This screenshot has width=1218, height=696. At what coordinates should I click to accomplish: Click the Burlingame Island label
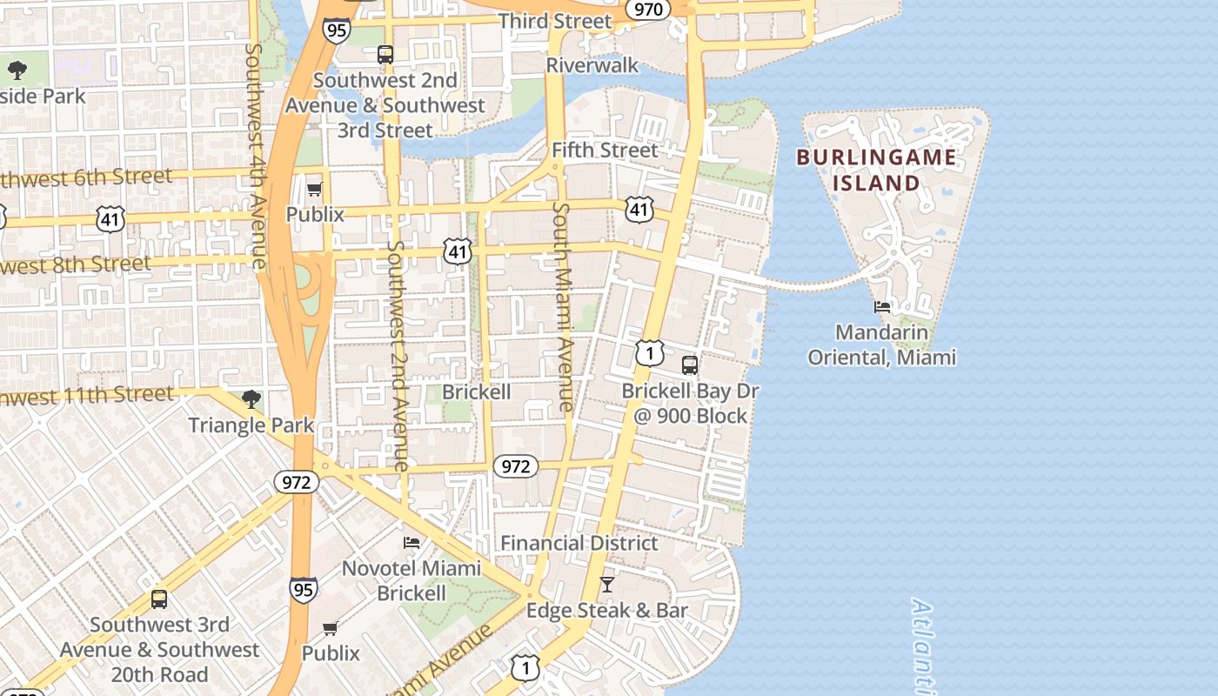coord(876,171)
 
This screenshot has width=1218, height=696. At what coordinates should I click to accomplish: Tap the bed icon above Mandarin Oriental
coord(882,306)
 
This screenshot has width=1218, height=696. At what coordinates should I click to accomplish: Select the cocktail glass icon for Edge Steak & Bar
coord(607,585)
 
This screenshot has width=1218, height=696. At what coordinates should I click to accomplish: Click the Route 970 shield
coord(648,10)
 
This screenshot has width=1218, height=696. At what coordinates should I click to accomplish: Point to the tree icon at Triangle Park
coord(251,399)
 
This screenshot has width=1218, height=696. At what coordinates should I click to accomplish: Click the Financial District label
coord(579,544)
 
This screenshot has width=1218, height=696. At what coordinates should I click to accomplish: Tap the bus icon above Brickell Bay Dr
coord(690,365)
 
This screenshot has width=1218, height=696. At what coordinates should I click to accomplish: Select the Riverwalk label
coord(592,65)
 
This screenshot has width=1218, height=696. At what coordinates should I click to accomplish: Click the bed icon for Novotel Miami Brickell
coord(412,543)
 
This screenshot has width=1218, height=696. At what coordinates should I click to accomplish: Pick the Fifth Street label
coord(605,150)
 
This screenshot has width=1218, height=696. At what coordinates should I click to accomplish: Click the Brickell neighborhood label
coord(476,391)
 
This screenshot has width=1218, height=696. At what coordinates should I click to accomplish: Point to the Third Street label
coord(554,21)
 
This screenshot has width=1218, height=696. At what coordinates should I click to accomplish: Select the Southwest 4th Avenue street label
coord(256,157)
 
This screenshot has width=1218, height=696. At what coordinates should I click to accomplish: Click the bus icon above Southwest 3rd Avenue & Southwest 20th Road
coord(158,599)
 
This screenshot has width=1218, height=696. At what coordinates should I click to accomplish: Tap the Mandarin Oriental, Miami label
coord(881,345)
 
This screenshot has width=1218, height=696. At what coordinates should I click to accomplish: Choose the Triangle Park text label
coord(251,425)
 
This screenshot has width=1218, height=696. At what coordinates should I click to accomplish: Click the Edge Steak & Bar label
coord(606,611)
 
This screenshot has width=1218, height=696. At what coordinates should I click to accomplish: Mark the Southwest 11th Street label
coord(87,396)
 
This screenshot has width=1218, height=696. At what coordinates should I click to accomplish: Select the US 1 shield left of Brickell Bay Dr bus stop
coord(649,352)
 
